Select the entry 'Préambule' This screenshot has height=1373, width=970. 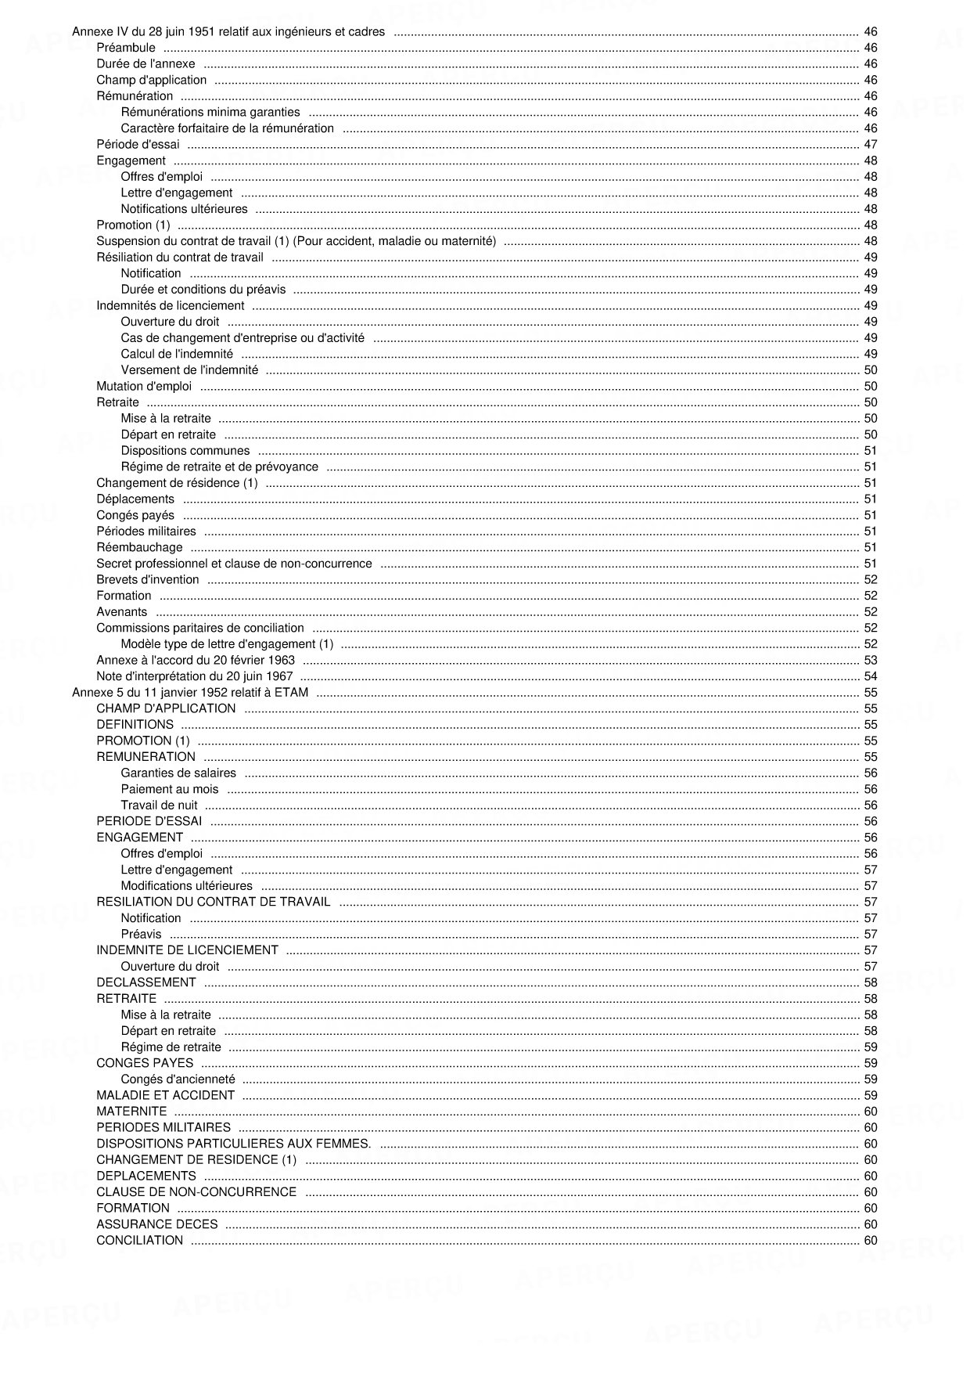click(126, 49)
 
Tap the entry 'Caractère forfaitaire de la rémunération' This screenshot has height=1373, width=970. click(227, 128)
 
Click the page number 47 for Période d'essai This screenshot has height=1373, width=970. click(870, 145)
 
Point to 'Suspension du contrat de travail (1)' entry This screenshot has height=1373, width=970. click(296, 241)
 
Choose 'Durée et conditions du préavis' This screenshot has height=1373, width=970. click(203, 290)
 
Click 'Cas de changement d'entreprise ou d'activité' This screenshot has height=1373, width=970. click(242, 338)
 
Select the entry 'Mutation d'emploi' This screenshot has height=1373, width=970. click(144, 387)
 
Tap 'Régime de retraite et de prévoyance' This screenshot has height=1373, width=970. click(219, 467)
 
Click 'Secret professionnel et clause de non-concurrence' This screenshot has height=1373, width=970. click(234, 564)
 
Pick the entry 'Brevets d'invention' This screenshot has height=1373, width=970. click(148, 580)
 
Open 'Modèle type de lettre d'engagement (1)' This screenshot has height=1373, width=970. click(227, 644)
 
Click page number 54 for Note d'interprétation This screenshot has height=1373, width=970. click(870, 676)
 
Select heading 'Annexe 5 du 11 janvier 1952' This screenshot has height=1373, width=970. click(190, 693)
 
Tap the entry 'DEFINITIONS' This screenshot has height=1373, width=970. click(135, 725)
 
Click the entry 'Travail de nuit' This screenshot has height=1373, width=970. click(159, 805)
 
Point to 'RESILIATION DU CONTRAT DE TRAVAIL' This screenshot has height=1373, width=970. click(213, 902)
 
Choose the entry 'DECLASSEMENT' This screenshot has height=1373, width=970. click(146, 982)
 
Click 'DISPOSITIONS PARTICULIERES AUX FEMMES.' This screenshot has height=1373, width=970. click(234, 1144)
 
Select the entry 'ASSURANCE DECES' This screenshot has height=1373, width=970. click(157, 1224)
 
